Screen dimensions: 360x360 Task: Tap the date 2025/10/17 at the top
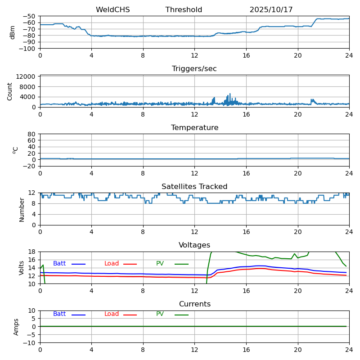(x=271, y=10)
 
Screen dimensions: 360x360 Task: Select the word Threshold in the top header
(x=184, y=10)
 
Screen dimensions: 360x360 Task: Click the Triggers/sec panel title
(x=194, y=69)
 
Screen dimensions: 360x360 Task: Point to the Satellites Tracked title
(x=194, y=187)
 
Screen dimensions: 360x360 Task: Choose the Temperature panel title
(x=194, y=128)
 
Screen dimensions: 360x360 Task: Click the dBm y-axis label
(x=13, y=32)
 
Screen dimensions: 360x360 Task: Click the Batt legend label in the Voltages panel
(x=59, y=264)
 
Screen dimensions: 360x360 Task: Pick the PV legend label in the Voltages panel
(x=160, y=264)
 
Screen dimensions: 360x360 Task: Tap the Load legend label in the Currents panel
(x=112, y=314)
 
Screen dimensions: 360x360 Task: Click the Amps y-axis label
(x=16, y=327)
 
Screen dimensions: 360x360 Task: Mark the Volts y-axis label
(x=22, y=268)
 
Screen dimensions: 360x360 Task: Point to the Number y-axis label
(x=22, y=209)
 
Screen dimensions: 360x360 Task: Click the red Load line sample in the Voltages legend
(x=130, y=264)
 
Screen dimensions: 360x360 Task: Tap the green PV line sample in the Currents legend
(x=181, y=315)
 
